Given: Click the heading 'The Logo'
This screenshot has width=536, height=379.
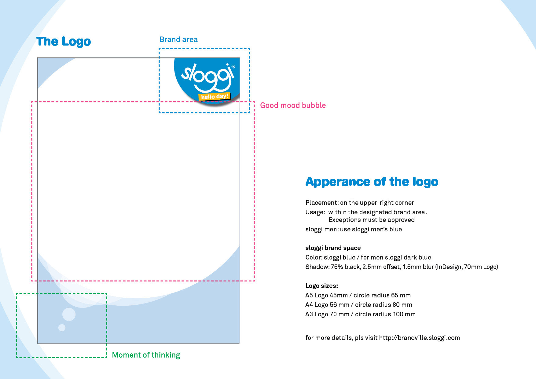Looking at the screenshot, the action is click(x=63, y=42).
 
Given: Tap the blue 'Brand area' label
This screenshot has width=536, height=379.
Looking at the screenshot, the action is click(x=178, y=40).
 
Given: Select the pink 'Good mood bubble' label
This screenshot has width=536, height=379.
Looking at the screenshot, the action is click(x=293, y=105).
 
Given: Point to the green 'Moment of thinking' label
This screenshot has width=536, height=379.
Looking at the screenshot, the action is click(x=146, y=355).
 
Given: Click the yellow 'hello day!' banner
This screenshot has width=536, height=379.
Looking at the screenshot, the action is click(x=215, y=97).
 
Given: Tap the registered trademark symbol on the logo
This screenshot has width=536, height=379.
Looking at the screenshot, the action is click(x=233, y=67).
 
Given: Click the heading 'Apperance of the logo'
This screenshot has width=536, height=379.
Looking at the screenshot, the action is click(x=372, y=182).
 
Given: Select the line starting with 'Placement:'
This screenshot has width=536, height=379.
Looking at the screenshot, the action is click(x=360, y=203).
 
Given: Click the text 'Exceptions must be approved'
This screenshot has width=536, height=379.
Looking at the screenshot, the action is click(x=371, y=220).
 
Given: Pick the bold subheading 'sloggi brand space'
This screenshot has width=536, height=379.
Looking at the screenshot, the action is click(x=333, y=248).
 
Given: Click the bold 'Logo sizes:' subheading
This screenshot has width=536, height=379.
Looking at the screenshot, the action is click(x=321, y=286).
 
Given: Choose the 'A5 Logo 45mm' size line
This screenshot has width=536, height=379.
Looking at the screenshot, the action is click(x=358, y=295).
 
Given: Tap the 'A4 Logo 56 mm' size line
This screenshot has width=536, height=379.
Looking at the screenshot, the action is click(x=358, y=305).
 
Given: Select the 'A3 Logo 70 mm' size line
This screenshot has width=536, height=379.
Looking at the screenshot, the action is click(x=360, y=314).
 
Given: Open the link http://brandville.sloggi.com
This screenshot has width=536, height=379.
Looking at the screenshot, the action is click(x=419, y=338).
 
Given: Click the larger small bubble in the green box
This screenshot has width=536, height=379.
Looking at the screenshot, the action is click(x=69, y=314).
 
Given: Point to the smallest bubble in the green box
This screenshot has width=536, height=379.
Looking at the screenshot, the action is click(x=62, y=328).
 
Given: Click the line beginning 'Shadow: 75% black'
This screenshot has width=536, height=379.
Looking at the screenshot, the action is click(x=402, y=267).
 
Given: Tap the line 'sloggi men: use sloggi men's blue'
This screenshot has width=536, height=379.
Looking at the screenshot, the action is click(x=354, y=229).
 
